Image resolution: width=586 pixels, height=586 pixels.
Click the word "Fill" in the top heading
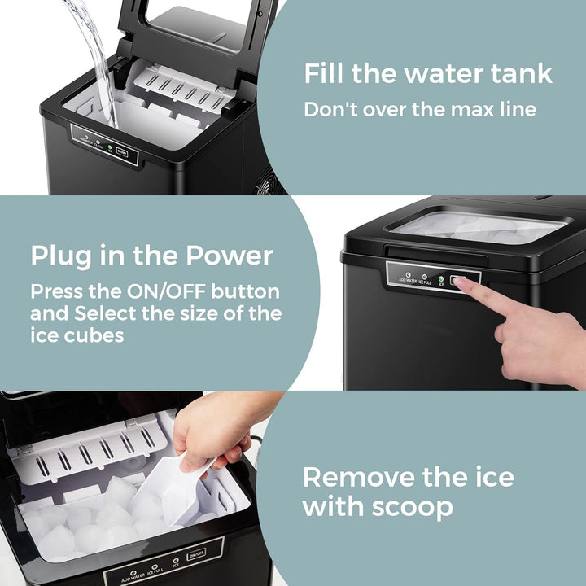tap(324, 73)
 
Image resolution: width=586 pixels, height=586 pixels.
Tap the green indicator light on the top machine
tap(110, 149)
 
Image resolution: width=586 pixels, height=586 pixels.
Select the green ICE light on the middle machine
tap(440, 278)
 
